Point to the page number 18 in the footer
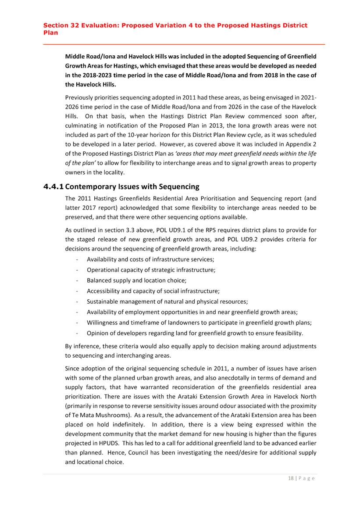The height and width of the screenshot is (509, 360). (x=291, y=478)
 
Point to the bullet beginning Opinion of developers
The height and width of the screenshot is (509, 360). (x=195, y=333)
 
